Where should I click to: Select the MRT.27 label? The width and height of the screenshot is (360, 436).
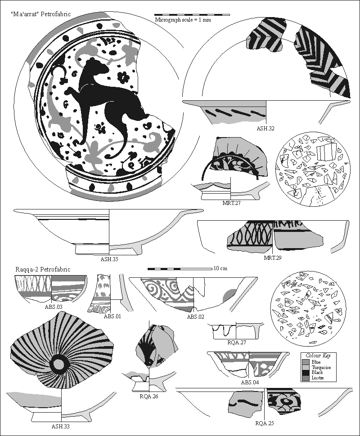point(231,203)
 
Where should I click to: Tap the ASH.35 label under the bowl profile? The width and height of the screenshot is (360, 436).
point(109,259)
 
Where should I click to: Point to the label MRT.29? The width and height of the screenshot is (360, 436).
point(272,258)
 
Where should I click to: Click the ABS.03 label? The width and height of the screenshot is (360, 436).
point(53,307)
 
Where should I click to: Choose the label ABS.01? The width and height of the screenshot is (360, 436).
point(112,316)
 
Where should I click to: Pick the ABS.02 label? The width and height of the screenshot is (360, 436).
point(195,317)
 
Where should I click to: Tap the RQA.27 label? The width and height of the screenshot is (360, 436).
point(236,343)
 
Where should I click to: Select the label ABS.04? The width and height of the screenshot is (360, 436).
point(250,383)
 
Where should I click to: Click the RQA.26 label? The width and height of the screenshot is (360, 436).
point(148,396)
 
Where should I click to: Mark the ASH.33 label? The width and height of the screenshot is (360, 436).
point(60,426)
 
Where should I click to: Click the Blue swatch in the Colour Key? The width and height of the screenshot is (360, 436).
point(306,362)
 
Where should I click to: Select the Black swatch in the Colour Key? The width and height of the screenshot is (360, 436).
point(306,373)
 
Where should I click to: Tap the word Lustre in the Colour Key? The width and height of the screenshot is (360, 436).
point(318,378)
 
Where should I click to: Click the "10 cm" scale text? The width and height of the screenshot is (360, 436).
point(220,268)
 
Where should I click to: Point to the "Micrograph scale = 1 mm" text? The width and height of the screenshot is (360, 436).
point(183,20)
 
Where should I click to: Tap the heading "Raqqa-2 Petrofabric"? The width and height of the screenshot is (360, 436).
point(43,269)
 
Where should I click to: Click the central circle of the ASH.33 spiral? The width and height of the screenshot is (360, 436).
point(58,363)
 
